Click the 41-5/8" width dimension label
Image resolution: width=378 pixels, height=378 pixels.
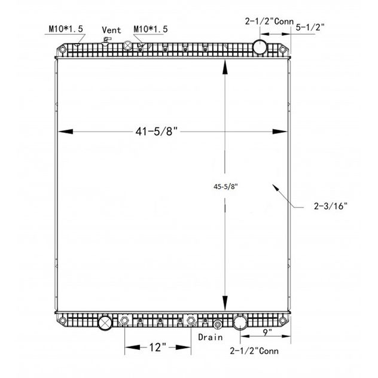[x=156, y=132]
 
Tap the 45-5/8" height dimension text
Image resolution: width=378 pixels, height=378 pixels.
[x=225, y=187]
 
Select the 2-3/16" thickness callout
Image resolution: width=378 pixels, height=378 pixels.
[x=331, y=206]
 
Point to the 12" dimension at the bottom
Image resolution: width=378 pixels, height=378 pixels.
[x=158, y=347]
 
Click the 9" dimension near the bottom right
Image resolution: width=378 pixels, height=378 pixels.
[x=267, y=333]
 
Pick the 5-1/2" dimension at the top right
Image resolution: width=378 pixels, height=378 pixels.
[x=310, y=28]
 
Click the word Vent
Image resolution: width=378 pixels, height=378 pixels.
[x=111, y=30]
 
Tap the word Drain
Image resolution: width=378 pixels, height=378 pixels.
[x=210, y=337]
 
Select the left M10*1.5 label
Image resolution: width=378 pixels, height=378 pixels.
[x=66, y=29]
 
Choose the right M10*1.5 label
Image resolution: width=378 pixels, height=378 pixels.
[x=151, y=29]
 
